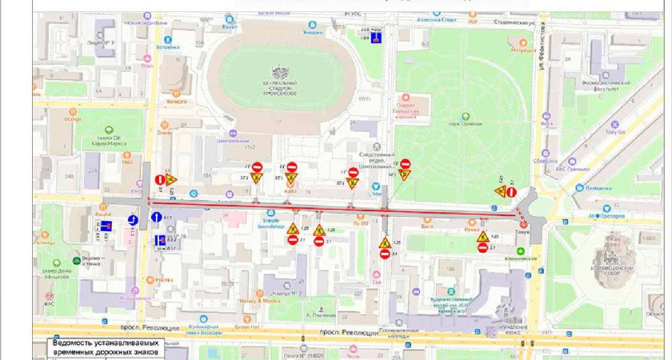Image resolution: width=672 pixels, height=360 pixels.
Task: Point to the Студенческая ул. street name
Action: [x=511, y=23]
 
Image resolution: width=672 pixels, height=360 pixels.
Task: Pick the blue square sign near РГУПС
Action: [x=387, y=37]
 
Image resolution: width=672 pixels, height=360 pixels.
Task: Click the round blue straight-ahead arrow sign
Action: [x=134, y=219]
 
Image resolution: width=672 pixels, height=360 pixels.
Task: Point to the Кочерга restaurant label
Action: [x=176, y=102]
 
